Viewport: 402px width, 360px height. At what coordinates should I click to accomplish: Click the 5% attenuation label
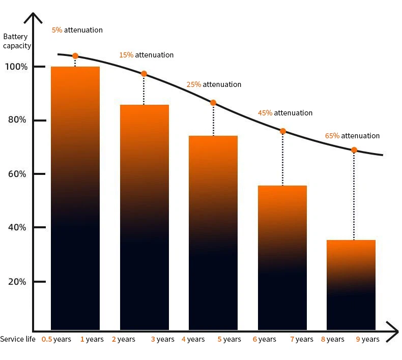(x=77, y=30)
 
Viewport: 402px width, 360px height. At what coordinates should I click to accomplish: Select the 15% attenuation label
(x=146, y=55)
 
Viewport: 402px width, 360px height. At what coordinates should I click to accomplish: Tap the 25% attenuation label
(x=214, y=84)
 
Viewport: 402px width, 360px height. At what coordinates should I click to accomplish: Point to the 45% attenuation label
(x=285, y=113)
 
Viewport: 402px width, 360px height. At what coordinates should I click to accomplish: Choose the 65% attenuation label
(x=352, y=136)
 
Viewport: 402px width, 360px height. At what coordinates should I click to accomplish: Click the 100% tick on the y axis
(x=16, y=67)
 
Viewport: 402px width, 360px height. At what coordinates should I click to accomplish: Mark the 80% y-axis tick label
(x=16, y=120)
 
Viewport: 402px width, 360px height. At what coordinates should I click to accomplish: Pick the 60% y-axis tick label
(x=16, y=174)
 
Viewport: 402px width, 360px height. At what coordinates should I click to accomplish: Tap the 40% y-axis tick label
(x=16, y=227)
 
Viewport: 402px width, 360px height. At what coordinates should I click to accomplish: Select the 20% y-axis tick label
(x=16, y=282)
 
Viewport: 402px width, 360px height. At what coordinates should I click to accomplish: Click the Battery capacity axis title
(x=17, y=41)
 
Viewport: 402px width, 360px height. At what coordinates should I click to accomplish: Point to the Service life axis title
(x=18, y=339)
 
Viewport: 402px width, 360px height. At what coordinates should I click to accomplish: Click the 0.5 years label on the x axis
(x=56, y=339)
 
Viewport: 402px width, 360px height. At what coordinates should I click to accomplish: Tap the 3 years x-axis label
(x=162, y=339)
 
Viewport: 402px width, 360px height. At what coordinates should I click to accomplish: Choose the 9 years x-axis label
(x=367, y=339)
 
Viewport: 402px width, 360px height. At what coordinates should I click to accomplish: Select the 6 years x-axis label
(x=264, y=339)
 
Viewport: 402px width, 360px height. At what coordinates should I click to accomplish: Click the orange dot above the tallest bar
(x=75, y=56)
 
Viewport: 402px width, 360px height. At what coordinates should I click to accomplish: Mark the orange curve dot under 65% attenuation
(x=354, y=150)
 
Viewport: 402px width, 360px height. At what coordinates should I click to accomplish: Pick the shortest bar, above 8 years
(x=351, y=285)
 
